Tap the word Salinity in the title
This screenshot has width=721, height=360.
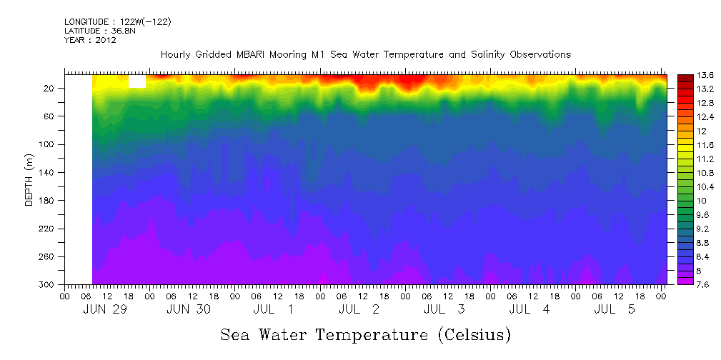pos(467,54)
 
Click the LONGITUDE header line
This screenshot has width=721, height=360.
pos(117,21)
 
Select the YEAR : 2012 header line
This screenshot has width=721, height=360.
pos(90,40)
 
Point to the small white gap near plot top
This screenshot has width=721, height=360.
pos(137,81)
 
